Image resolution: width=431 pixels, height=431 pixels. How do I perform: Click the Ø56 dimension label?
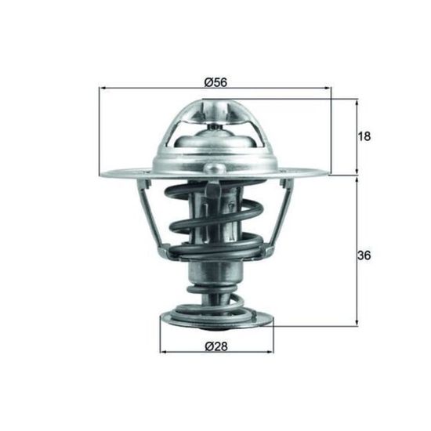215,82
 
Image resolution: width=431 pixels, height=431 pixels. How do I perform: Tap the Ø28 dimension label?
216,346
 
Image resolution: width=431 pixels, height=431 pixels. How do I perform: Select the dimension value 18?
364,136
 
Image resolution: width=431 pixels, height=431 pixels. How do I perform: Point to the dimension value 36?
364,255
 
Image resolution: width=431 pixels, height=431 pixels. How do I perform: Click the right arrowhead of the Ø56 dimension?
328,88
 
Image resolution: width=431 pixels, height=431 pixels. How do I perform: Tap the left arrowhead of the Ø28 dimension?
164,352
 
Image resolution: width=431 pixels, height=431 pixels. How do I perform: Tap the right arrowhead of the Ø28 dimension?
270,352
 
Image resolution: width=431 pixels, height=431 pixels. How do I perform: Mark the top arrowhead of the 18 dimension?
357,103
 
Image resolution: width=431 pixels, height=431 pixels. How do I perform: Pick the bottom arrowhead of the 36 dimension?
357,322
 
